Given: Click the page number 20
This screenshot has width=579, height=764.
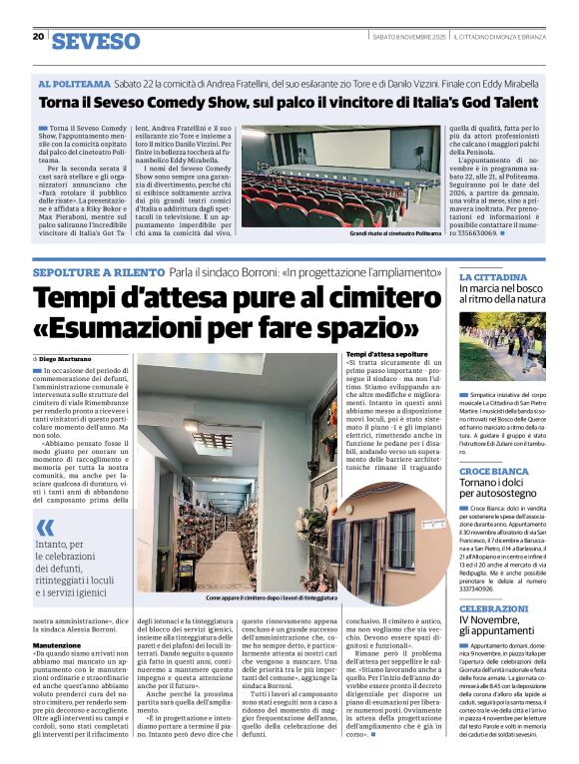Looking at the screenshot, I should coord(39,37).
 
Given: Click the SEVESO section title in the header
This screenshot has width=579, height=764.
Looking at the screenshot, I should coord(96,41).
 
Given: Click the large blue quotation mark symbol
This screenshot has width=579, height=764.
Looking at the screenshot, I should coord(45,527).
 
